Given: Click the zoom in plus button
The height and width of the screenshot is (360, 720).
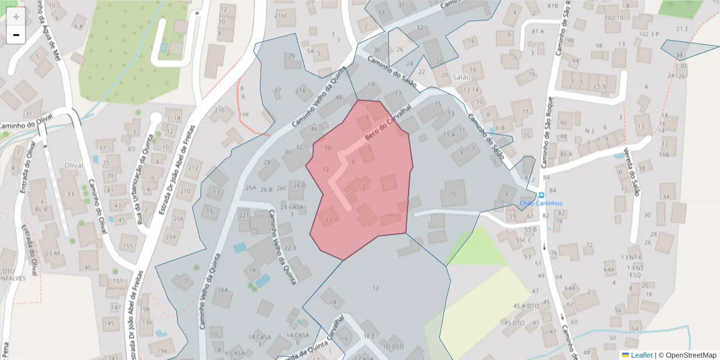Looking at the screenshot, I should click(16, 17).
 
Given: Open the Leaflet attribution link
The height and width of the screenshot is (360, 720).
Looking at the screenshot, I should click(641, 355).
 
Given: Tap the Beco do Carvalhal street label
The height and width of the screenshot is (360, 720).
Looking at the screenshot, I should click(388, 124).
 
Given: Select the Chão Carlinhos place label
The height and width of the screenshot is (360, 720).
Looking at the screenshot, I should click(542, 203).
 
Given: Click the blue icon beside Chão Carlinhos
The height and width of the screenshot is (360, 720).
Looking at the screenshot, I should click(541, 196).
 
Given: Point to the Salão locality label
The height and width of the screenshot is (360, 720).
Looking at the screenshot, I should click(461, 77).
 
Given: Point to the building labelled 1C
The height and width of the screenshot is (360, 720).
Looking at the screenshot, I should click(453, 193).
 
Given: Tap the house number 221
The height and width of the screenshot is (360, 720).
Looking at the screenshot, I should click(244, 215).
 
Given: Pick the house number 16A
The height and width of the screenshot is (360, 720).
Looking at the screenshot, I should click(223, 290).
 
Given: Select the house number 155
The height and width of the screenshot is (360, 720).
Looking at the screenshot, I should click(127, 246).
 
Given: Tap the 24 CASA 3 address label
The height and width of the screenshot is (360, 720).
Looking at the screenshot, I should click(292, 211).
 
